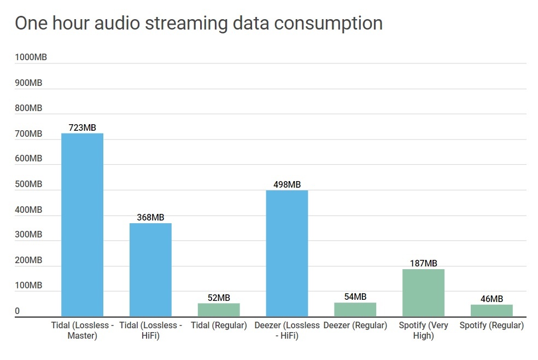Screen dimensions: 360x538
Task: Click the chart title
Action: [198, 24]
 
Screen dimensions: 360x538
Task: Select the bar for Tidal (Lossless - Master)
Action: [82, 224]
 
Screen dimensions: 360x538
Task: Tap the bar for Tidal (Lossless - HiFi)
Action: [150, 270]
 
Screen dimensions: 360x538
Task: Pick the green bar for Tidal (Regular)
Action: [219, 310]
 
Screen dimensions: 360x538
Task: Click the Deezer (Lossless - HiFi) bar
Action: [287, 253]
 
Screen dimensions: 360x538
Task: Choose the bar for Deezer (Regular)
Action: [355, 310]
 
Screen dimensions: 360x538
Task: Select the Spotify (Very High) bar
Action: [423, 293]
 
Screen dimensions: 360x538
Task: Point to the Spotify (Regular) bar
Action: [492, 311]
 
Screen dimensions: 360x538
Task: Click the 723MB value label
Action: [82, 127]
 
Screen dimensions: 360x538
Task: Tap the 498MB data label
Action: [287, 184]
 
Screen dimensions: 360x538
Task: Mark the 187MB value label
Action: [423, 263]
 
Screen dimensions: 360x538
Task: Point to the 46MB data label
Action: [492, 299]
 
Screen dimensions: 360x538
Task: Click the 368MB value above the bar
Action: [150, 217]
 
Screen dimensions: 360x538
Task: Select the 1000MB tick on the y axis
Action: [31, 57]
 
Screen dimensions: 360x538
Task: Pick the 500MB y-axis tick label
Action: [28, 184]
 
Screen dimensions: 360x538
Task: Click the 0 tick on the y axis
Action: [17, 311]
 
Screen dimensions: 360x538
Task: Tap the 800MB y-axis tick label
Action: [28, 108]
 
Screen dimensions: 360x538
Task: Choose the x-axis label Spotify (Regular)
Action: [492, 326]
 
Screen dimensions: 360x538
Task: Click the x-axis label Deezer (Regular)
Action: [355, 326]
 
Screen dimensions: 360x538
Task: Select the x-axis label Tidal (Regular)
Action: [219, 326]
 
